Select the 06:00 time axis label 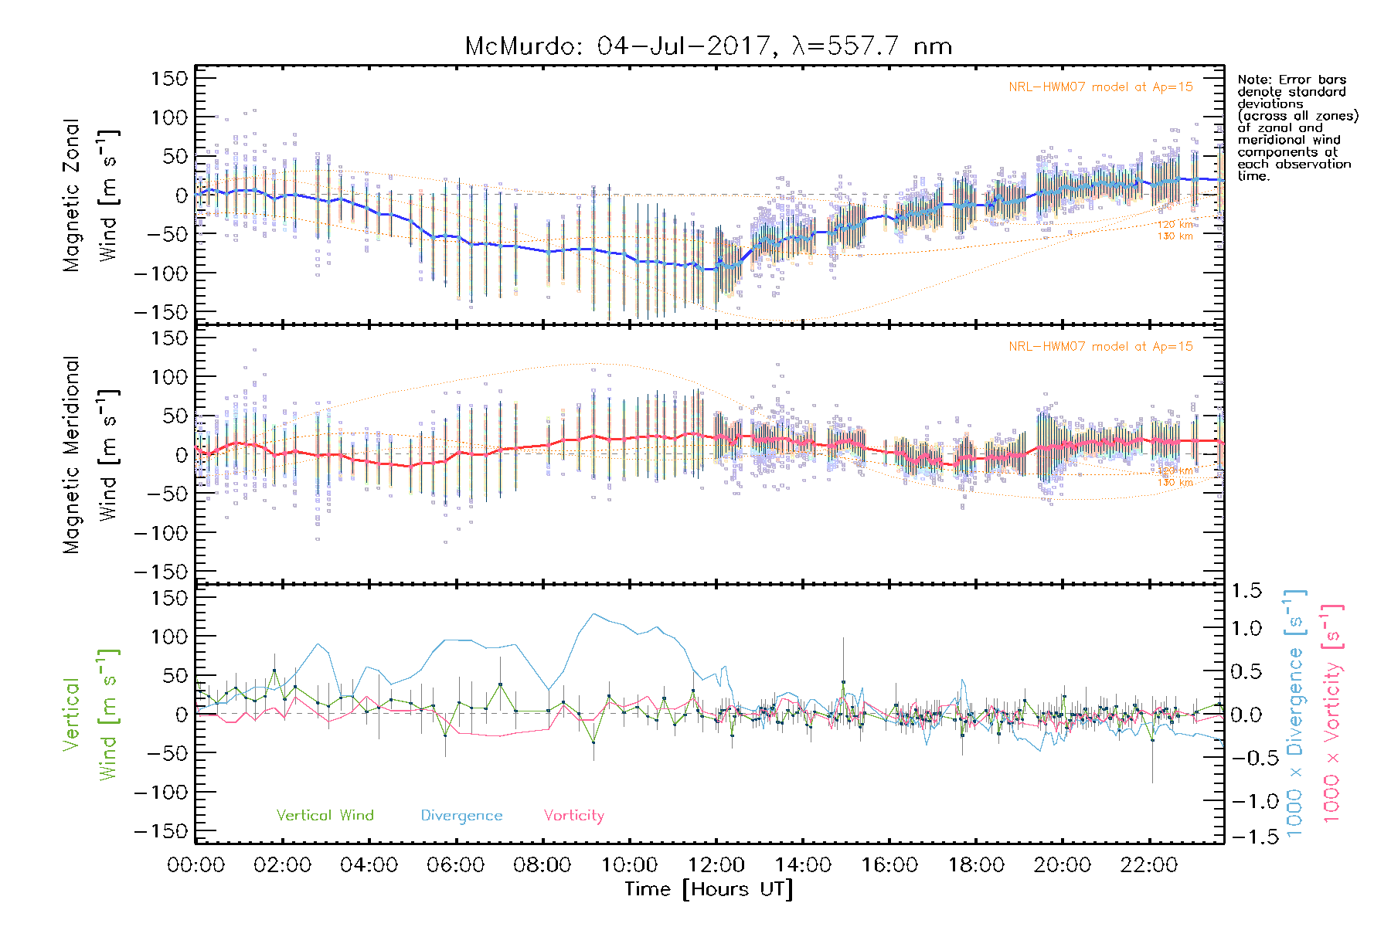coord(456,865)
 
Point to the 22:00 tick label coord(1149,865)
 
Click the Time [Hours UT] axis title coord(708,890)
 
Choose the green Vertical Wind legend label coord(325,816)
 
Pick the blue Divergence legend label coord(461,816)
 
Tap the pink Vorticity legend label coord(573,816)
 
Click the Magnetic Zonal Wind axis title coord(91,195)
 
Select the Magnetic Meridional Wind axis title coord(91,455)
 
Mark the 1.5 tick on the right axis coord(1246,591)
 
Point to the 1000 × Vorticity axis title coord(1332,712)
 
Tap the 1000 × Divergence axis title coord(1295,712)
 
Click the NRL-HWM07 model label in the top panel coord(1100,87)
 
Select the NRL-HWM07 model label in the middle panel coord(1100,347)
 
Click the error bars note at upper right coord(1297,127)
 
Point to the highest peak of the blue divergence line coord(593,614)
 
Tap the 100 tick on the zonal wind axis coord(169,117)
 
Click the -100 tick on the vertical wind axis coord(162,793)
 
